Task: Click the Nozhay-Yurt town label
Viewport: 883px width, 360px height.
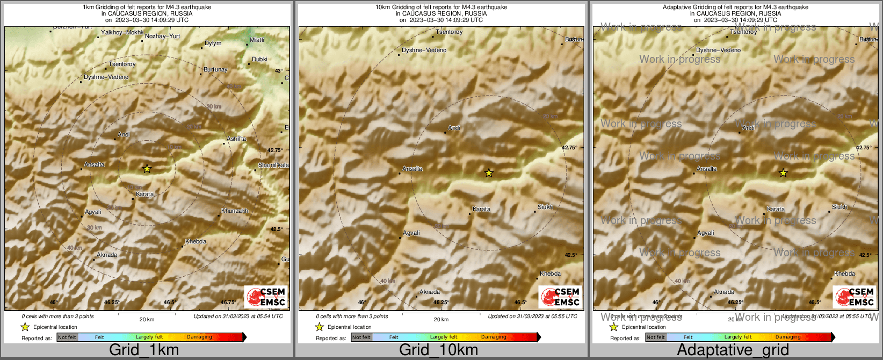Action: point(162,36)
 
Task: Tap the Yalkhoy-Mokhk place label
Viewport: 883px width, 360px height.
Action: point(122,33)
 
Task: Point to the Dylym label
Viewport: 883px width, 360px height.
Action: point(213,44)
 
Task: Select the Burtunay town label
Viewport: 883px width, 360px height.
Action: point(215,70)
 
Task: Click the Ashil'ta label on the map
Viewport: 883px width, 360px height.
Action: point(236,139)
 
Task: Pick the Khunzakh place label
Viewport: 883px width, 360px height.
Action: point(235,211)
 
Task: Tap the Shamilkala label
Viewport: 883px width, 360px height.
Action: point(273,165)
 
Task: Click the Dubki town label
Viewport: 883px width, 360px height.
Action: point(259,60)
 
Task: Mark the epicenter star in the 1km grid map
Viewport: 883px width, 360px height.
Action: point(147,169)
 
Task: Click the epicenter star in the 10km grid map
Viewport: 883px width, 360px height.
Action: point(489,173)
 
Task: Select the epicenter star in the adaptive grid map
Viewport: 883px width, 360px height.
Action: point(783,173)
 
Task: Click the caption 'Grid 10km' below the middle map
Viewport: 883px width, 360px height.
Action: point(438,350)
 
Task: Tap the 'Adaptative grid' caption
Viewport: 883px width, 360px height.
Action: point(733,350)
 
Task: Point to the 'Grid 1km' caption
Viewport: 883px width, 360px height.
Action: point(144,350)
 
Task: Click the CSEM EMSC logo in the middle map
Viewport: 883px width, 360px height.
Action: point(560,297)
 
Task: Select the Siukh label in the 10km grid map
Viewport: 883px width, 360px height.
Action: point(545,207)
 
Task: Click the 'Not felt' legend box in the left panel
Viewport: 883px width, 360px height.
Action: point(67,337)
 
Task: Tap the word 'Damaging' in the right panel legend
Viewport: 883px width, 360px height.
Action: point(788,337)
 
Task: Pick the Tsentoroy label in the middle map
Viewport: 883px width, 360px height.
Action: point(449,32)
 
